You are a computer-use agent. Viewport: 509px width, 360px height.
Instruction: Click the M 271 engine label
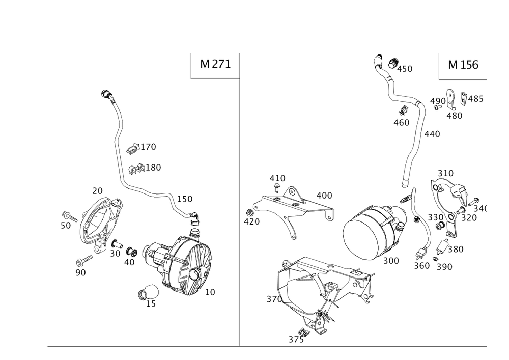click(x=215, y=64)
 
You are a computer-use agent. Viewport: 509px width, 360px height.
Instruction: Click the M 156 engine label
click(x=463, y=65)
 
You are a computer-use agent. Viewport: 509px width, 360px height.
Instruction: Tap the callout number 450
click(x=405, y=69)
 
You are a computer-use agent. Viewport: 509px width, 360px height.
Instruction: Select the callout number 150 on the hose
click(x=185, y=199)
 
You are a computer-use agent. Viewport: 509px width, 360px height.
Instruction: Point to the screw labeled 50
click(x=69, y=216)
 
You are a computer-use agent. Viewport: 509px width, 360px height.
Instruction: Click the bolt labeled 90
click(x=84, y=261)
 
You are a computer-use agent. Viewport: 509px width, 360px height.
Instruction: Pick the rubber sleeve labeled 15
click(x=148, y=292)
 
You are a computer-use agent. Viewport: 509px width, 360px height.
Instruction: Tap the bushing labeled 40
click(x=131, y=252)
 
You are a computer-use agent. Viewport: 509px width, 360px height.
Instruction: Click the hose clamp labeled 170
click(x=133, y=148)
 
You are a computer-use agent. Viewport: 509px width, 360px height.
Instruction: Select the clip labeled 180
click(x=136, y=169)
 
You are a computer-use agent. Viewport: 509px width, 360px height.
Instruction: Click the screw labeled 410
click(x=277, y=187)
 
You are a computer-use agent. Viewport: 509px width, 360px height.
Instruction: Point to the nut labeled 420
click(x=249, y=213)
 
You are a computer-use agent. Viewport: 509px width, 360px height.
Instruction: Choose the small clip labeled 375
click(x=303, y=332)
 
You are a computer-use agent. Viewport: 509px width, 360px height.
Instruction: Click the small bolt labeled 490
click(x=438, y=107)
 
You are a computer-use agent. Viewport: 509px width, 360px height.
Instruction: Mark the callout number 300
click(x=391, y=261)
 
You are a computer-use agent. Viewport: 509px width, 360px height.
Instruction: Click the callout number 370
click(x=274, y=299)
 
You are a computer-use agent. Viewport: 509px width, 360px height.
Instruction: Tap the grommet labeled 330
click(x=440, y=225)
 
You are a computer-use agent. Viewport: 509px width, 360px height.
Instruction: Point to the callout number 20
click(x=97, y=191)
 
